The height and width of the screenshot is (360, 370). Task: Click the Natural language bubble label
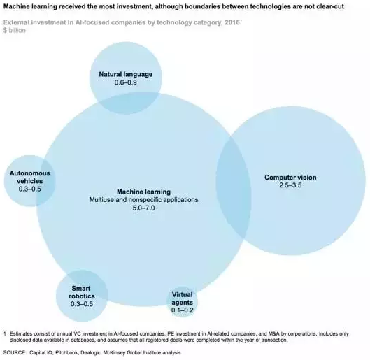[125, 74]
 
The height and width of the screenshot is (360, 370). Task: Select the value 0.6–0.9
[125, 82]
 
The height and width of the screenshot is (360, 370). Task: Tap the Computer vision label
[290, 178]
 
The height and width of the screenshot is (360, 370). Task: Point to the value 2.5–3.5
[290, 185]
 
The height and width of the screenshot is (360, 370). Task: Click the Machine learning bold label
[143, 192]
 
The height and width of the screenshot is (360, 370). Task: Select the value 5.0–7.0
[143, 208]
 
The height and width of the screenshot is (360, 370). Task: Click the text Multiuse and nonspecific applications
[143, 200]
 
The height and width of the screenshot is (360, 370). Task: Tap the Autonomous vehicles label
[30, 177]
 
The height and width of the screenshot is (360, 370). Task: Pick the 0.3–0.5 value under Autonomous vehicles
[30, 189]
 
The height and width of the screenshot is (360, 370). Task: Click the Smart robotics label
[82, 292]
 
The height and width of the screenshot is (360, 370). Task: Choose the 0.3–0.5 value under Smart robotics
[82, 304]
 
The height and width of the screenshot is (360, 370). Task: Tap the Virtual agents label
[182, 298]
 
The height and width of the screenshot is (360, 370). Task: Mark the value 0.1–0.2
[182, 310]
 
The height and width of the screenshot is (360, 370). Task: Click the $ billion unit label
[15, 30]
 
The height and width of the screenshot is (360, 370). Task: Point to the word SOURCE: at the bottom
[15, 353]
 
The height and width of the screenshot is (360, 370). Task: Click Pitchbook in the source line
[66, 353]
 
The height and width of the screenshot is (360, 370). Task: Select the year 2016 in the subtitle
[232, 22]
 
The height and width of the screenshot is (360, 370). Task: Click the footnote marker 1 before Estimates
[5, 334]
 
